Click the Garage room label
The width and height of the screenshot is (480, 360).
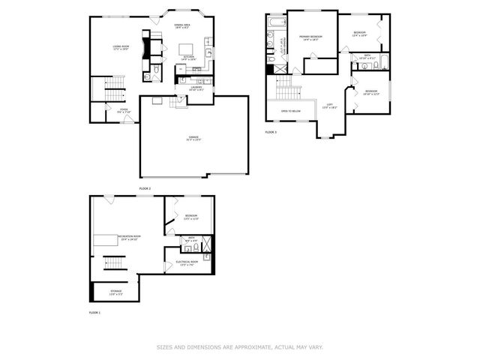(193, 139)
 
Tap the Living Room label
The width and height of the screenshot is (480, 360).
(121, 49)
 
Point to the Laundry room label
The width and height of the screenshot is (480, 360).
(196, 88)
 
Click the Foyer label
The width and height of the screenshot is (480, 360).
(124, 111)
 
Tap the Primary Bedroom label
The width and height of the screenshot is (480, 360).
(310, 38)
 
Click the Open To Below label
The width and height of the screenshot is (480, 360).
(291, 111)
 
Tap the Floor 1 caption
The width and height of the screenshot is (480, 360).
(94, 312)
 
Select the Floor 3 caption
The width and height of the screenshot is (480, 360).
(271, 132)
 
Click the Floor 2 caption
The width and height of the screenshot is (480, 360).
(145, 187)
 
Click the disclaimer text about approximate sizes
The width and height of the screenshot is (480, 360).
(240, 347)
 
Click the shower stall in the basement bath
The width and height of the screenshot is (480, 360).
(208, 244)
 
